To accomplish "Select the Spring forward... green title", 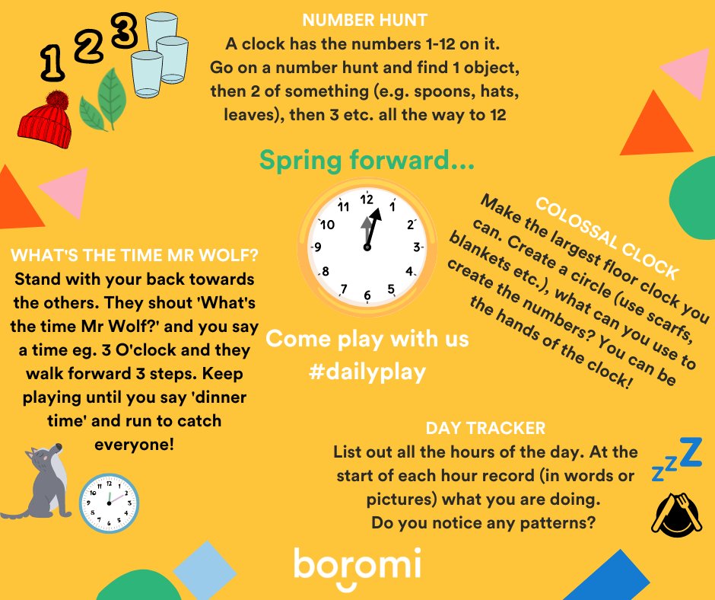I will [x=367, y=160].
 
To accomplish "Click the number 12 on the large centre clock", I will [x=367, y=199].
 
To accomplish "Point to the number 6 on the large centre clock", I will [x=367, y=295].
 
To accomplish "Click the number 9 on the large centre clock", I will [x=318, y=247].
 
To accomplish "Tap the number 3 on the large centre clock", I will [x=416, y=247].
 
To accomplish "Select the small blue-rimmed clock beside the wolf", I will [x=109, y=503].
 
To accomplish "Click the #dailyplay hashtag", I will [x=367, y=372].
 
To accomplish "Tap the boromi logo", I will [x=357, y=568].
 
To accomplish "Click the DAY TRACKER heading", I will [x=485, y=429].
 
